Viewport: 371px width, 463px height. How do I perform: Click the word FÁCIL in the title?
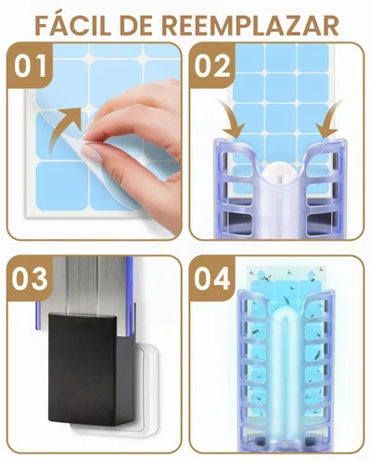pos(73,24)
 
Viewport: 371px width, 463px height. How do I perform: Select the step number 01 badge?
pos(31,66)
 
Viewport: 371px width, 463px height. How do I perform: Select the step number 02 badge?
pos(212,66)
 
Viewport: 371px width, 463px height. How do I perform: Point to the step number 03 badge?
pos(30,279)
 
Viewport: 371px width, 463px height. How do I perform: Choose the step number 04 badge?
pos(212,279)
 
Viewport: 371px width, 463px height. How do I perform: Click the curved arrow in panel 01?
pos(63,130)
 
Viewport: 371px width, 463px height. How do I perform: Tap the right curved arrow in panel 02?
pos(328,120)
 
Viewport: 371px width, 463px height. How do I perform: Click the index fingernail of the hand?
pos(91,154)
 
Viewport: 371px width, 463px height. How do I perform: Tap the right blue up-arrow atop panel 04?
pos(312,274)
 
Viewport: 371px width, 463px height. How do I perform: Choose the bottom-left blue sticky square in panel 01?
pos(62,186)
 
